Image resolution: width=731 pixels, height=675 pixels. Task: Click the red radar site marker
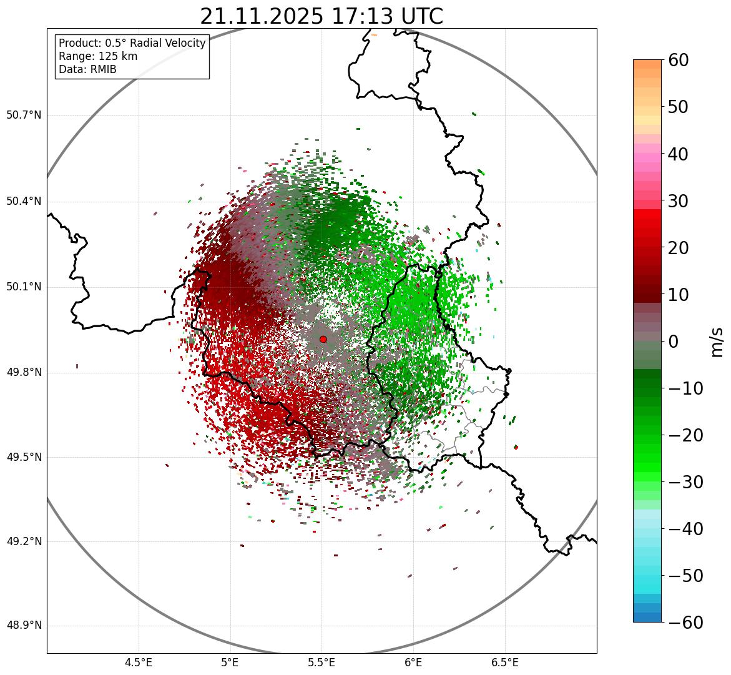323,339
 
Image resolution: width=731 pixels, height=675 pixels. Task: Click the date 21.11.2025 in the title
262,16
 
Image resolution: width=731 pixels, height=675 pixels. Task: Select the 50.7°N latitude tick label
24,115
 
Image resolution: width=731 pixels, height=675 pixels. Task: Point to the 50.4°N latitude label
24,201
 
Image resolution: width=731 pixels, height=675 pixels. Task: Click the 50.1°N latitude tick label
24,287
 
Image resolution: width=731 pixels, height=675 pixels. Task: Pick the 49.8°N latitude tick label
24,372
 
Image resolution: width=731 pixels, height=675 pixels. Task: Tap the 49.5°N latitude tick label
24,457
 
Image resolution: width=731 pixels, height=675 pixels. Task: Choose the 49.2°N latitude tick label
24,541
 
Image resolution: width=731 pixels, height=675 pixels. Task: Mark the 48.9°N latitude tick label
24,626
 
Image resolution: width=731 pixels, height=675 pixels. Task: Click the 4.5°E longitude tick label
139,662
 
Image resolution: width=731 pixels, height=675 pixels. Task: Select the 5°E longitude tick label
230,662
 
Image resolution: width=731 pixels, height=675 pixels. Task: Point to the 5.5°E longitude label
321,662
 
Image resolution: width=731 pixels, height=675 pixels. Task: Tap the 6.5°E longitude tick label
504,662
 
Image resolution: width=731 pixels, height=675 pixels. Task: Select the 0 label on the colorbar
674,342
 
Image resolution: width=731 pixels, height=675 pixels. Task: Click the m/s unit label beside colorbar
717,341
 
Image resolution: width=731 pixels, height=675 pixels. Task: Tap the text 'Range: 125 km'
98,56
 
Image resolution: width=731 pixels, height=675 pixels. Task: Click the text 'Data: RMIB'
87,69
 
